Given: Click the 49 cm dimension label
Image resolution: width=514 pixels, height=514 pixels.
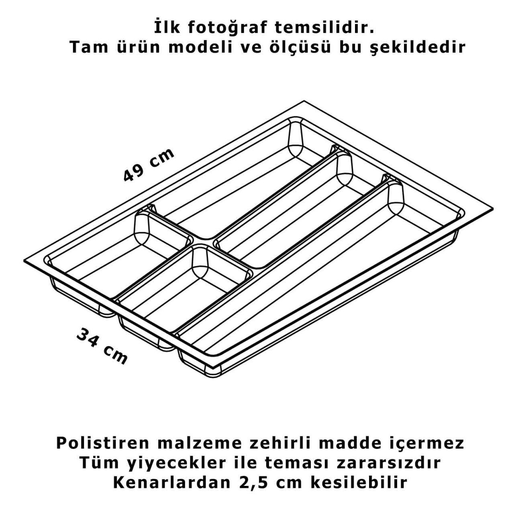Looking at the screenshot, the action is (149, 165).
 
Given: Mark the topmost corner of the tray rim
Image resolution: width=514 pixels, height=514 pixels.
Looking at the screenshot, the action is (304, 101).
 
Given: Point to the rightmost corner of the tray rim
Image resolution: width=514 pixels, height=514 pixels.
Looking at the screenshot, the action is (493, 209).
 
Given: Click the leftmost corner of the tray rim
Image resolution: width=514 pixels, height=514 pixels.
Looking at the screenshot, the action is (24, 261).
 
